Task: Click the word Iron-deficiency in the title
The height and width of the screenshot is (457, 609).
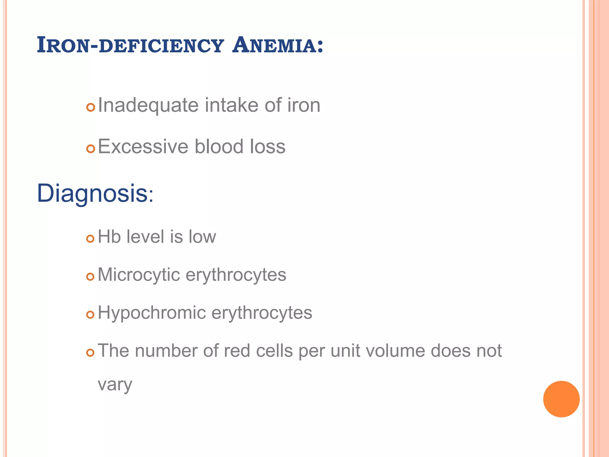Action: click(130, 45)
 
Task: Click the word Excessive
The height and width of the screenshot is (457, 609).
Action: click(143, 146)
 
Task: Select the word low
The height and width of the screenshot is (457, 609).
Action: click(202, 237)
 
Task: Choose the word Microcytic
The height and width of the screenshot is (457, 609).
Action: click(139, 274)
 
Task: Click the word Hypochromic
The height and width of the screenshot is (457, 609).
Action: click(152, 313)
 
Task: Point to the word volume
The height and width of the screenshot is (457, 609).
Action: click(395, 350)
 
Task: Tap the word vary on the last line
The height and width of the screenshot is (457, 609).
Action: click(115, 384)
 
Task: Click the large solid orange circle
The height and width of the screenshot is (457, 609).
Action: click(561, 399)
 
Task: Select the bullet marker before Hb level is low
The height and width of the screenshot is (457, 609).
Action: click(90, 238)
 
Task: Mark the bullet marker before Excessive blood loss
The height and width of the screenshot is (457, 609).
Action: click(90, 148)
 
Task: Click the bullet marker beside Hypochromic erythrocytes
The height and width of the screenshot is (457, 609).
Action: click(90, 314)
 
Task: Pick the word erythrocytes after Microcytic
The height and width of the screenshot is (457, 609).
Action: click(236, 274)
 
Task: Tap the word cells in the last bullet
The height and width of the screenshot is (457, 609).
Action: click(274, 350)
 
